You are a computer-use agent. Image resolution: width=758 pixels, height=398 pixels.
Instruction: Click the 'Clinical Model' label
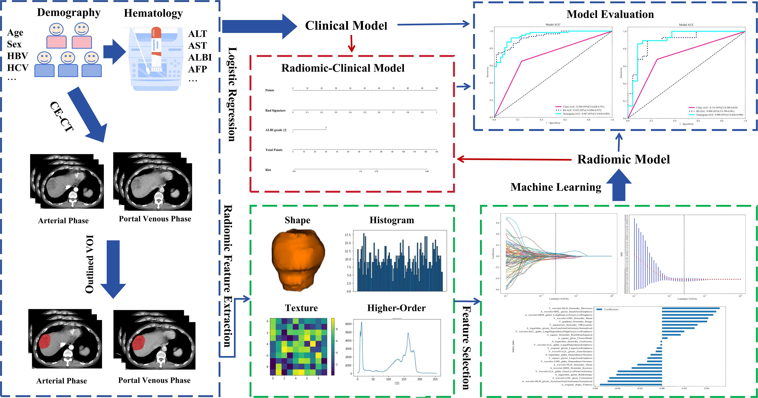(x=346, y=26)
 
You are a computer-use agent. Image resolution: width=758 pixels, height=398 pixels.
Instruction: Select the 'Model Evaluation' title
(x=610, y=14)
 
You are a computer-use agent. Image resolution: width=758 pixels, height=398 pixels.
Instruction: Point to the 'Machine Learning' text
(x=556, y=187)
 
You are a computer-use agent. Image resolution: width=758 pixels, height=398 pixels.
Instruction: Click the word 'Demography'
(x=69, y=13)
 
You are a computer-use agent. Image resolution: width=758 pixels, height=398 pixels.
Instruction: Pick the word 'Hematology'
(x=153, y=13)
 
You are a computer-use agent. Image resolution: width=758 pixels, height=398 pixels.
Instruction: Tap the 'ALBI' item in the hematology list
(x=200, y=57)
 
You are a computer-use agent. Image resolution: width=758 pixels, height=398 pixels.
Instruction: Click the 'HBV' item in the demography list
(x=17, y=56)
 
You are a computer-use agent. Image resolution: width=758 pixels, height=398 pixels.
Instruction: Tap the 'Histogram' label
(x=392, y=220)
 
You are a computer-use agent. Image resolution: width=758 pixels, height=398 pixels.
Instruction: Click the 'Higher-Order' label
(x=396, y=308)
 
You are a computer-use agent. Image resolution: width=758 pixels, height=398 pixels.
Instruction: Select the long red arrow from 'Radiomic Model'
(x=514, y=159)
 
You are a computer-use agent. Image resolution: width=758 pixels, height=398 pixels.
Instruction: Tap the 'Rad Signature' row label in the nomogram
(x=275, y=111)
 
